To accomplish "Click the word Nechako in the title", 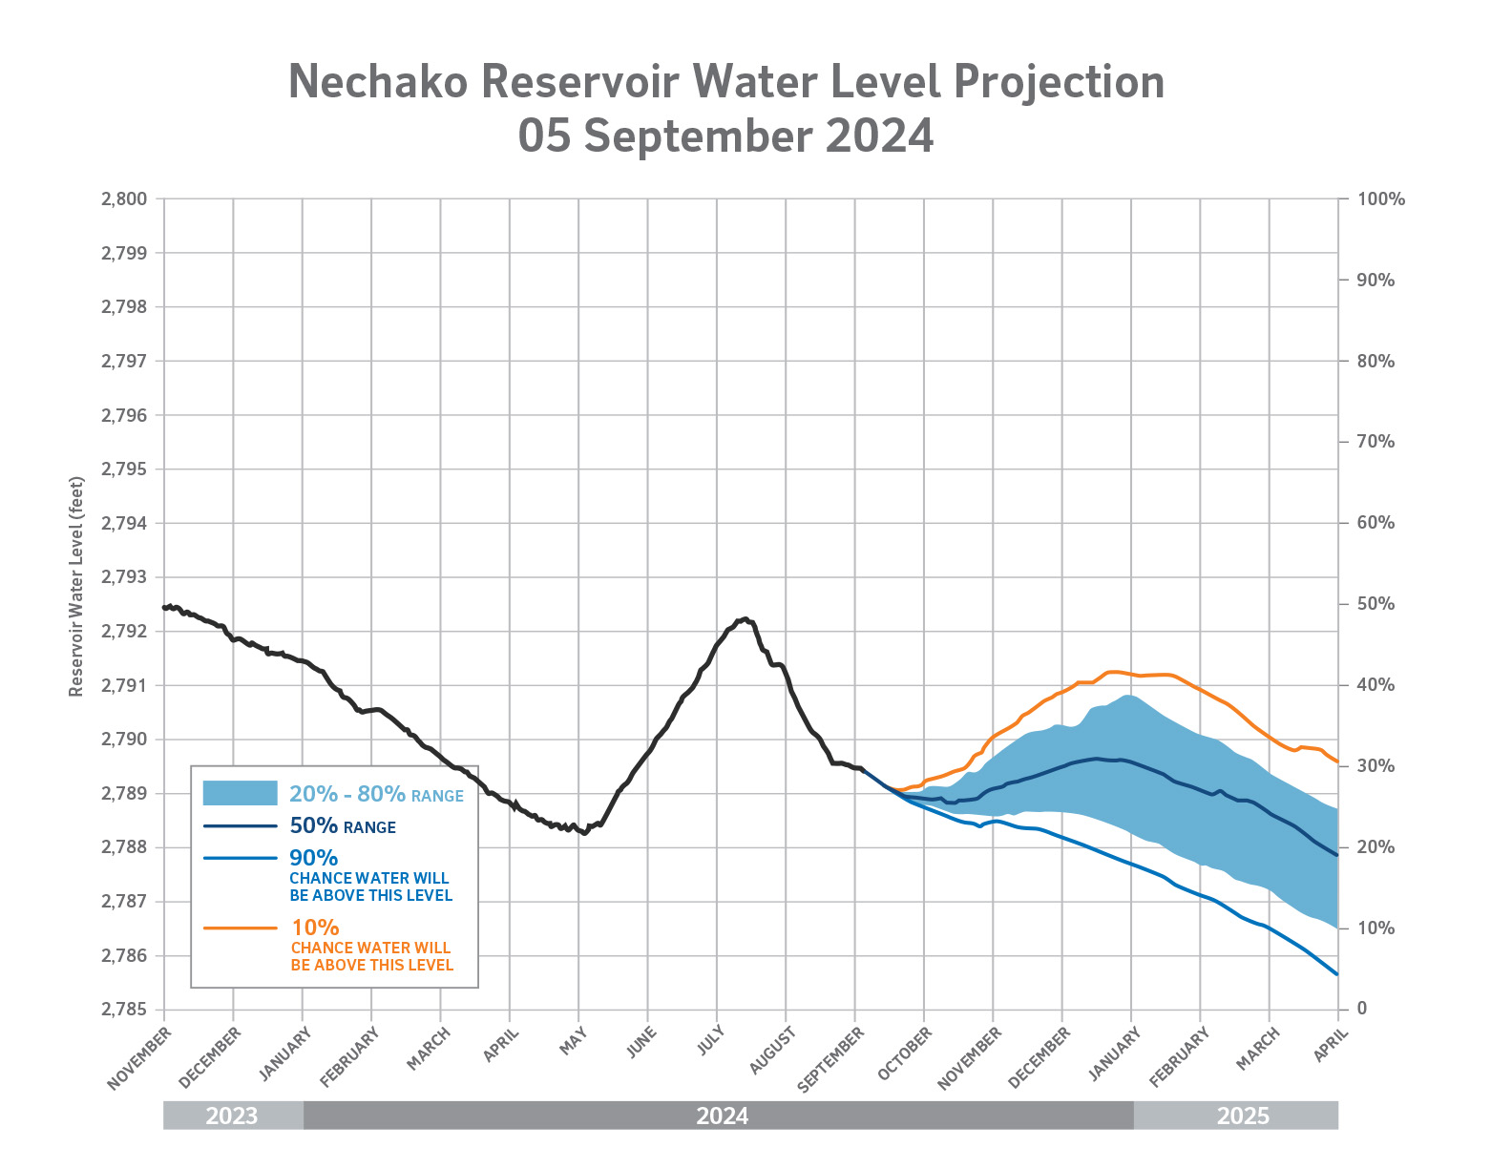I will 378,82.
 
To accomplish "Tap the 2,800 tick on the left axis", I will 124,199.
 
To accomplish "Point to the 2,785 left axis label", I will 124,1010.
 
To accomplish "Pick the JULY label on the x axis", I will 711,1042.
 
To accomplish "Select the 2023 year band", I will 232,1116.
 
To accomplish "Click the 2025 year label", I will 1243,1116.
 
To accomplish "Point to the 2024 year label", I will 723,1116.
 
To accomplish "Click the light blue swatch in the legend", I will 240,793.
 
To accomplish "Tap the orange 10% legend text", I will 315,928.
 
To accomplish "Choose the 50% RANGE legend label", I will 343,826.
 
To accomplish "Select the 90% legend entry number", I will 314,858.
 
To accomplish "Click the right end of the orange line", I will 1337,762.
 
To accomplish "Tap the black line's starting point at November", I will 165,607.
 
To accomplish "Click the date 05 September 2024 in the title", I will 725,136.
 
